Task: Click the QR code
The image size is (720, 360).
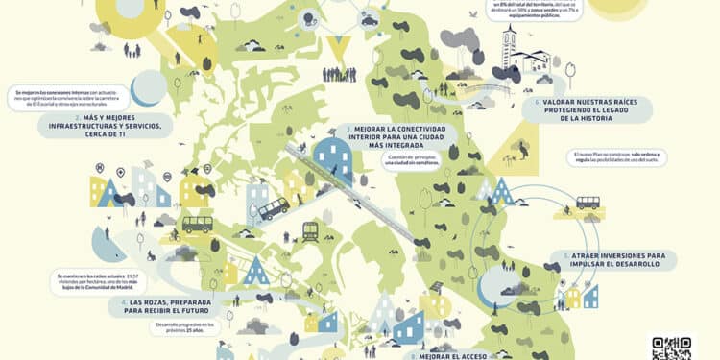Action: click(672, 348)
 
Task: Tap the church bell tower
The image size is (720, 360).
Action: click(510, 46)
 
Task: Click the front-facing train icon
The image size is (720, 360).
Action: click(310, 230)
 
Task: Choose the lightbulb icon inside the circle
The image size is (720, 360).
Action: click(310, 18)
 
